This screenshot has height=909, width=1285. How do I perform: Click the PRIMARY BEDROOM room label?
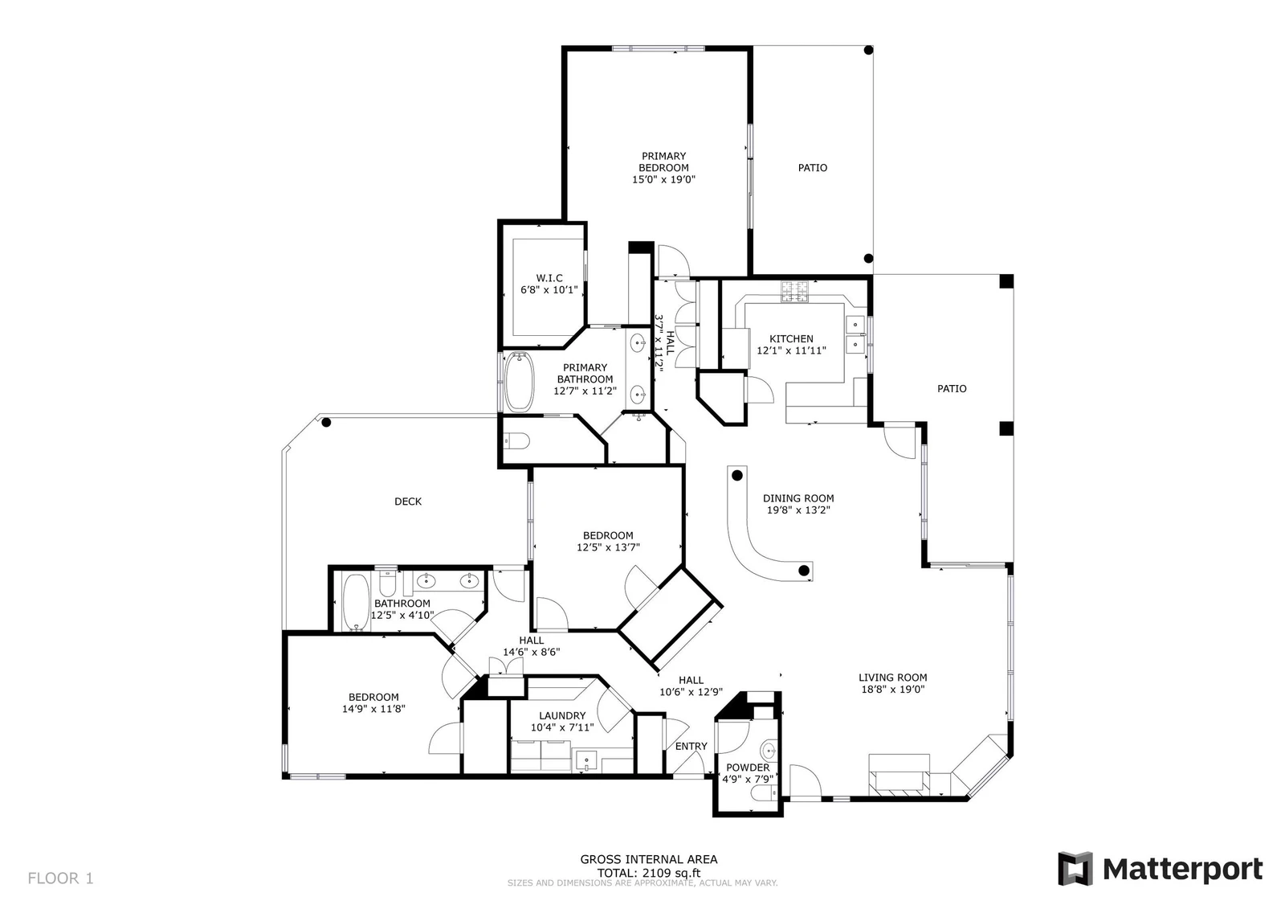[x=663, y=162]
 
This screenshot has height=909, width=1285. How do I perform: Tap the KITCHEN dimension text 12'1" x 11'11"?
[x=791, y=350]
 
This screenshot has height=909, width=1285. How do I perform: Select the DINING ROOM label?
[x=798, y=498]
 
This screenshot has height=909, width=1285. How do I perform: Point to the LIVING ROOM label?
[x=892, y=678]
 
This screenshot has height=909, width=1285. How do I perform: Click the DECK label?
[x=408, y=502]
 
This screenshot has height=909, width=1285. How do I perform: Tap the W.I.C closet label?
[x=549, y=278]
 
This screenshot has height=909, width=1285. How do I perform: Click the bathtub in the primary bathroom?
[x=519, y=381]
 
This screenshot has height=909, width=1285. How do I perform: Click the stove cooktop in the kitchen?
[x=794, y=291]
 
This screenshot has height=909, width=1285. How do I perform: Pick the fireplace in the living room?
[x=899, y=782]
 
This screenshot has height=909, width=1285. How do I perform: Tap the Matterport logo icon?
[x=1075, y=869]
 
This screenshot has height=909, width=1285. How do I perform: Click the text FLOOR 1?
[x=60, y=878]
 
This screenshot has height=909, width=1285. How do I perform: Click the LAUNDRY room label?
[x=561, y=715]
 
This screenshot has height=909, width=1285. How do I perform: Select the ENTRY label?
[x=691, y=746]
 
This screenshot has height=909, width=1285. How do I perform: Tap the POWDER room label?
[x=748, y=768]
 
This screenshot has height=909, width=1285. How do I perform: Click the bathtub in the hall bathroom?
[x=357, y=603]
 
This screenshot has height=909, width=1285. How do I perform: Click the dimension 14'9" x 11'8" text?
[x=373, y=709]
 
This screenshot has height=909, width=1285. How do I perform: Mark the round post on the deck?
[x=326, y=423]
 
